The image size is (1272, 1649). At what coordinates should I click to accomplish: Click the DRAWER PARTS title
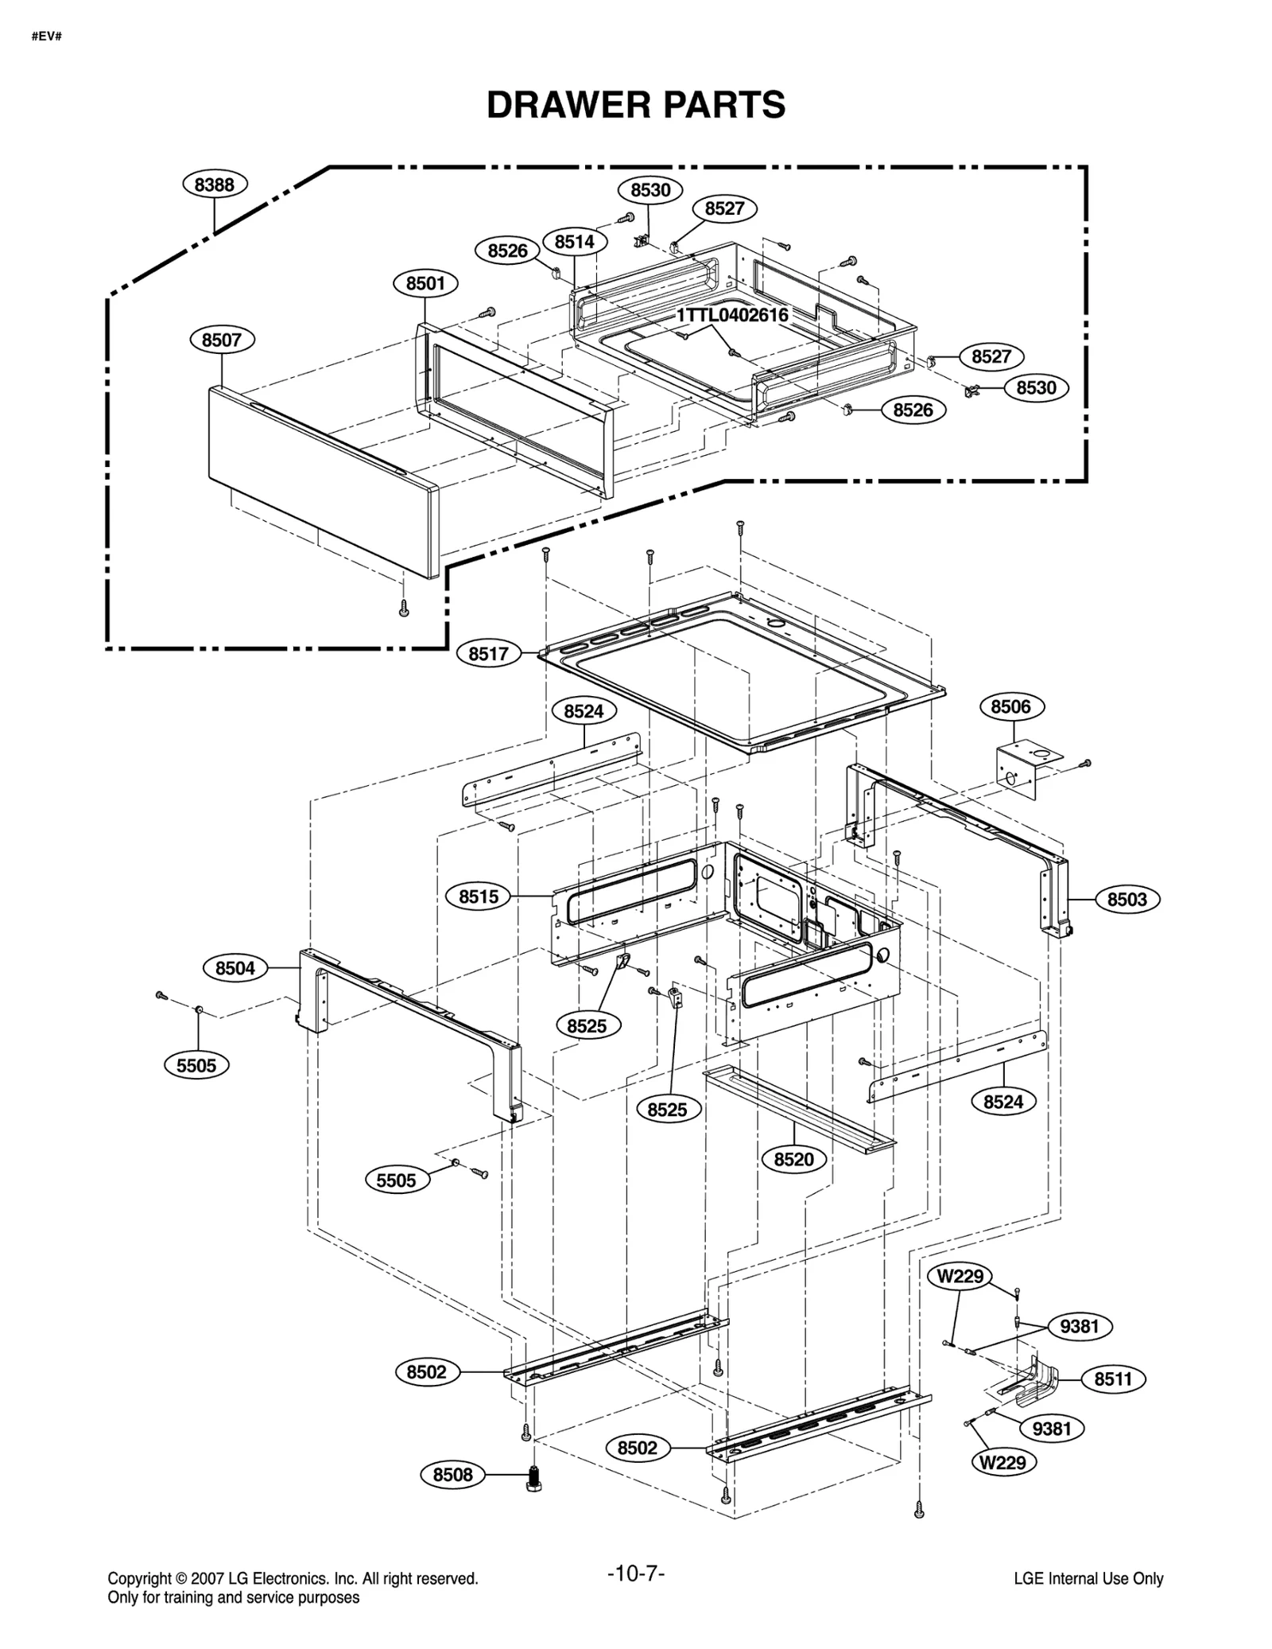tap(635, 105)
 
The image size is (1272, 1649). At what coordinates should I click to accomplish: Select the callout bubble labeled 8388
tap(215, 185)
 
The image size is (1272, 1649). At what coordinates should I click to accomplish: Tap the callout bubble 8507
tap(222, 340)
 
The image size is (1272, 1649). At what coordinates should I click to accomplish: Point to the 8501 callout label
tap(425, 283)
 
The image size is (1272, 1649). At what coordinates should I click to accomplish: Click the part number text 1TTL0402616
tap(732, 315)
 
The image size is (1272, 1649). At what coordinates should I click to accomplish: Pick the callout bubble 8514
tap(574, 242)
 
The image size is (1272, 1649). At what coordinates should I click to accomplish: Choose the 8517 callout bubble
tap(488, 654)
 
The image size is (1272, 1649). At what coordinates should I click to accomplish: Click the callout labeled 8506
tap(1010, 706)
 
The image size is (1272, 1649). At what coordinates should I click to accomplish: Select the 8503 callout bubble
tap(1127, 900)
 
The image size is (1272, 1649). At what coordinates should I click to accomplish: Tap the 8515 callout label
tap(479, 896)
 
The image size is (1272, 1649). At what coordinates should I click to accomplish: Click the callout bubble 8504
tap(235, 968)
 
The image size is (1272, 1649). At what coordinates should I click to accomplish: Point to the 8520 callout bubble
tap(793, 1159)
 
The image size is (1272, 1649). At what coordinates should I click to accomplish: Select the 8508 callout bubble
tap(452, 1475)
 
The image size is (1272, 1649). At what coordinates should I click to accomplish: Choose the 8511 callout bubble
tap(1112, 1379)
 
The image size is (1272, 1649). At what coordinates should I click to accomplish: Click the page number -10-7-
tap(635, 1573)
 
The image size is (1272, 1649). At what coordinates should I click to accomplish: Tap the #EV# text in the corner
tap(47, 37)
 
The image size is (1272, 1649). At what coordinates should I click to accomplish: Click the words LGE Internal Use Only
tap(1088, 1579)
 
